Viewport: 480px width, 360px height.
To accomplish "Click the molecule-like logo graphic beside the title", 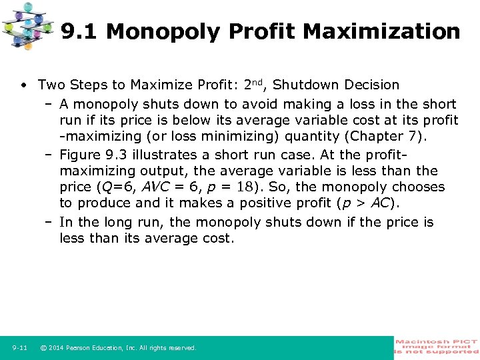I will (27, 25).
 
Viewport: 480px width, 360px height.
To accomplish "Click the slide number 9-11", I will (19, 348).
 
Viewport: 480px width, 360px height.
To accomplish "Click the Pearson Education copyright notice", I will (118, 348).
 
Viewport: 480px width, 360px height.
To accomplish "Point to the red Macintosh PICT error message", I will (437, 347).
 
